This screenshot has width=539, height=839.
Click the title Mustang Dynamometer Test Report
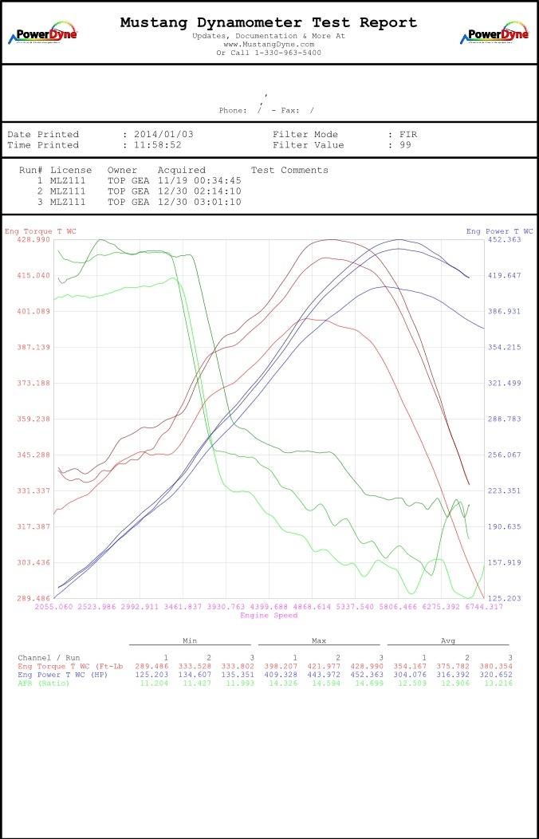click(269, 22)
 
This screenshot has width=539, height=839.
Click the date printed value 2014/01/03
click(164, 135)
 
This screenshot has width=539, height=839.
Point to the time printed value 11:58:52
click(158, 145)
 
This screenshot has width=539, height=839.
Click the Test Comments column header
click(289, 171)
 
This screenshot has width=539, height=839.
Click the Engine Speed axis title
click(269, 616)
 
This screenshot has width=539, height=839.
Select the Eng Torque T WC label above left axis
click(41, 231)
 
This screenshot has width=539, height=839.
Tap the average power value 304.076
click(410, 675)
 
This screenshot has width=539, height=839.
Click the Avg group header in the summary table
click(448, 640)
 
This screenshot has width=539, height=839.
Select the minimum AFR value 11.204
click(155, 683)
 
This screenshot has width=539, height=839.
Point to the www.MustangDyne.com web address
click(269, 45)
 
